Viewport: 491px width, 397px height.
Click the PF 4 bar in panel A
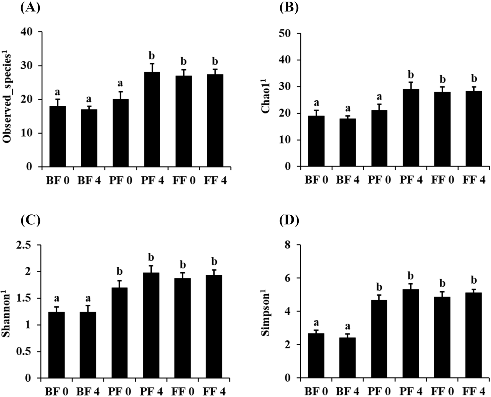[x=152, y=119]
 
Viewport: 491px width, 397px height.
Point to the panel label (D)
[x=289, y=221]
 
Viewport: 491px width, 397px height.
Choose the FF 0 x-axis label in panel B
[x=442, y=180]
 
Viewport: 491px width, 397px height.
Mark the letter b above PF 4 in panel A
[x=152, y=56]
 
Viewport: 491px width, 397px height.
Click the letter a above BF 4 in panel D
[x=348, y=326]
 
